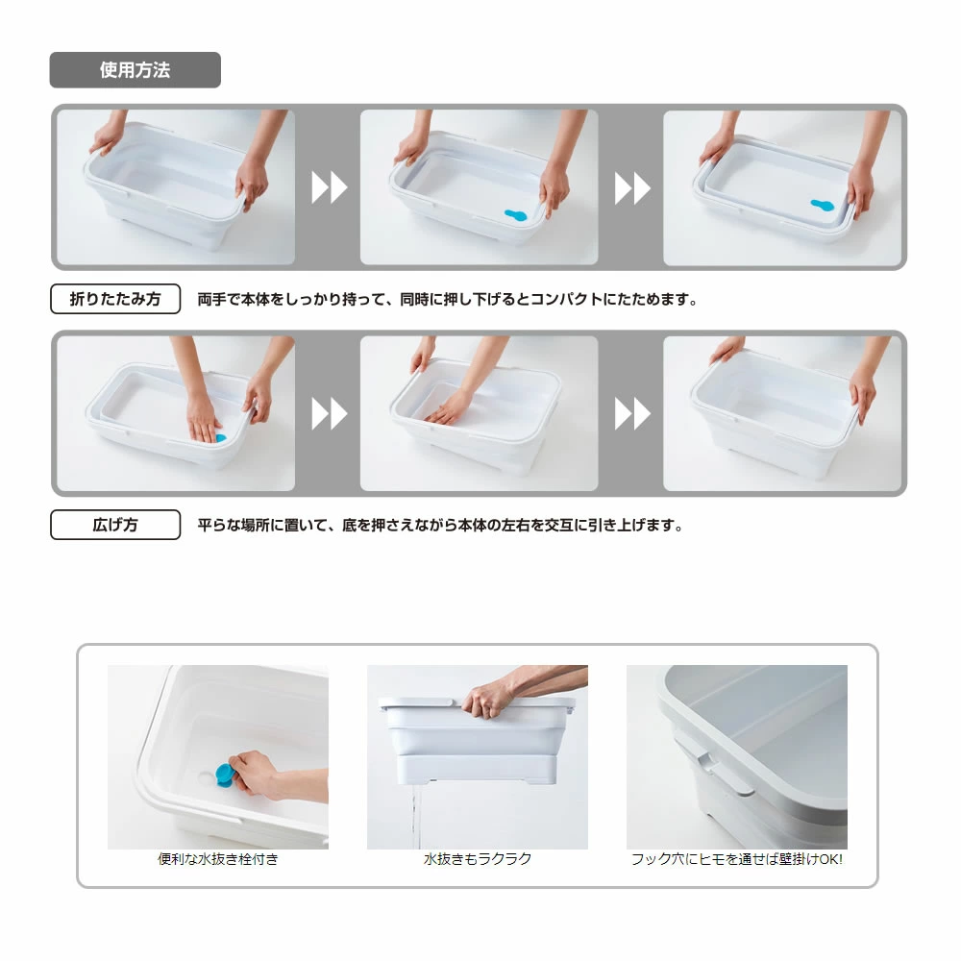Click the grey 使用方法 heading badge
click(x=135, y=70)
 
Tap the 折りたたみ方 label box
click(x=115, y=299)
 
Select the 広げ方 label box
click(x=115, y=525)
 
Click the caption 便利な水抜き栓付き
click(x=217, y=859)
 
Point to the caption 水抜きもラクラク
click(x=478, y=859)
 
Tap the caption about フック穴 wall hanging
click(x=737, y=859)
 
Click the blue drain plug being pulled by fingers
click(x=224, y=775)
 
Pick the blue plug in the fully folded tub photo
click(x=822, y=205)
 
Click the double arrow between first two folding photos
click(x=329, y=187)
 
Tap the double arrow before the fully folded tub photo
click(x=632, y=187)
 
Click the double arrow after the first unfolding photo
click(x=329, y=413)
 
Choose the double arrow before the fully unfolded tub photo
click(x=632, y=413)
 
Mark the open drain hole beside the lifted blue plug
click(x=207, y=777)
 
